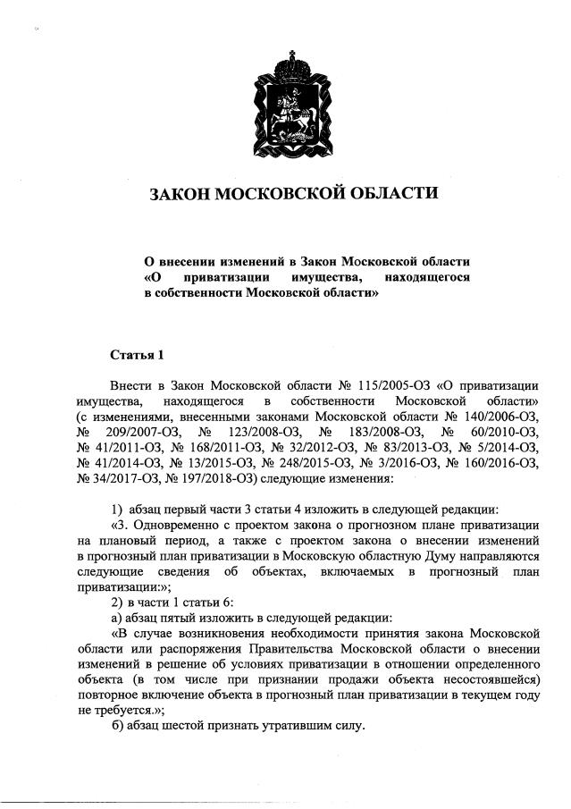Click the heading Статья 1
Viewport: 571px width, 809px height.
click(x=138, y=355)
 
